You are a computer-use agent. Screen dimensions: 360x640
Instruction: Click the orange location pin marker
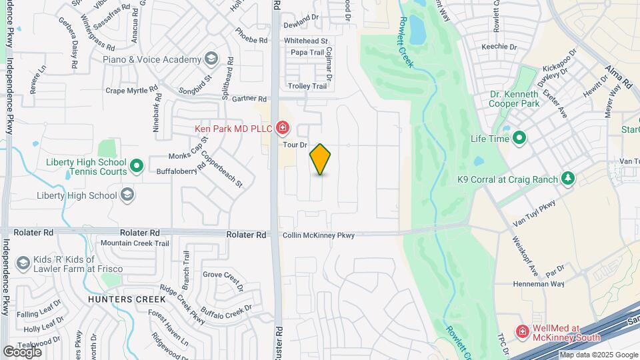321,159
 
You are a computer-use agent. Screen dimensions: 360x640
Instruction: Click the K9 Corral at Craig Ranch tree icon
568,179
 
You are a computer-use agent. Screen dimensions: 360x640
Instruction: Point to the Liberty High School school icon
127,195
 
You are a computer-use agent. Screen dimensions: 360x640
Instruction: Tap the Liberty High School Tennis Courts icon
137,166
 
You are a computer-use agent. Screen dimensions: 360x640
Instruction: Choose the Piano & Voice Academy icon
211,59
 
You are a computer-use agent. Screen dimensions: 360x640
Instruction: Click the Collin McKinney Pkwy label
318,235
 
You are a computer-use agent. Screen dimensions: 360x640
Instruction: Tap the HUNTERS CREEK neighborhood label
117,299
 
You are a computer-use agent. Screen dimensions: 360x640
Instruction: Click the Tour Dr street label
294,145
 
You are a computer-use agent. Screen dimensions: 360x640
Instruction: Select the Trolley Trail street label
307,86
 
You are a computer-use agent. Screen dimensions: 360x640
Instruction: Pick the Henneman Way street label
539,284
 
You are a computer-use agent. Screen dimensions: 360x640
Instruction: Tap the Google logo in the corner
22,351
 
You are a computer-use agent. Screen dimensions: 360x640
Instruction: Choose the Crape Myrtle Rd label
132,89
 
